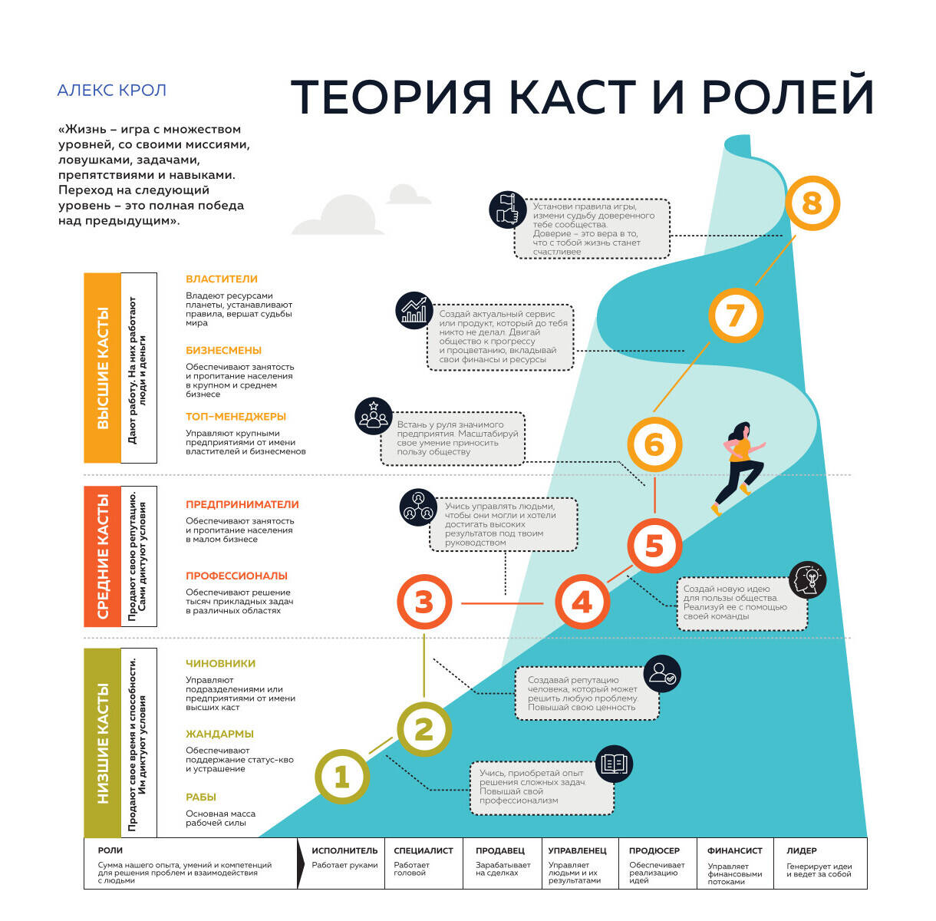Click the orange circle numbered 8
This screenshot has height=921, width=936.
point(812,203)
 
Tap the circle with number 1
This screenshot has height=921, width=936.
point(342,777)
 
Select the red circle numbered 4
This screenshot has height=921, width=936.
point(582,602)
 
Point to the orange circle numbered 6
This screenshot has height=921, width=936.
point(654,444)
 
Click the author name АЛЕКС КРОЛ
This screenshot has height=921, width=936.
point(112,91)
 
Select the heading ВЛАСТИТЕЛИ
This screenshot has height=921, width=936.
point(222,279)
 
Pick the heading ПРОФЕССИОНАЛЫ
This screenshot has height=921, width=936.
point(236,576)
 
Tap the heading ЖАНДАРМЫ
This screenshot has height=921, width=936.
point(219,734)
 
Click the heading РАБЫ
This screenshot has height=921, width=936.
point(200,797)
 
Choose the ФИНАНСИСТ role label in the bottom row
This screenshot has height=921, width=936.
point(734,850)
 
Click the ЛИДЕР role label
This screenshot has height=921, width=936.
point(802,850)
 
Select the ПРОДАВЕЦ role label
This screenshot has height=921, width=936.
point(499,850)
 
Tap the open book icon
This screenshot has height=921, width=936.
point(614,764)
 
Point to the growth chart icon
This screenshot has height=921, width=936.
point(414,310)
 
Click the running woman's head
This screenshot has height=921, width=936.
point(742,431)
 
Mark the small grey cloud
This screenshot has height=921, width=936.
point(407,194)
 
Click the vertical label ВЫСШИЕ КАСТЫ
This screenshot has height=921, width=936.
point(103,368)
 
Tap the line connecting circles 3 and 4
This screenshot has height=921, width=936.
point(502,603)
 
